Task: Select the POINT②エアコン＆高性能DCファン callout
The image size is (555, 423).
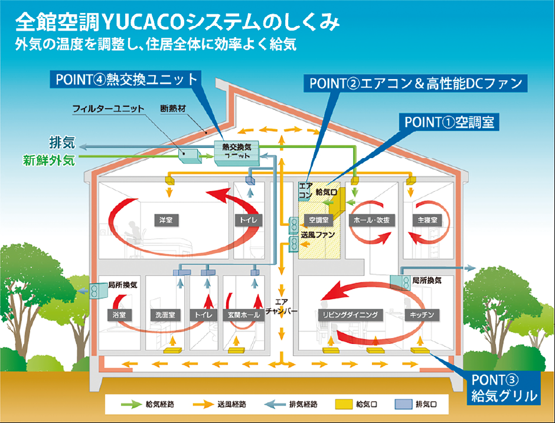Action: pyautogui.click(x=415, y=83)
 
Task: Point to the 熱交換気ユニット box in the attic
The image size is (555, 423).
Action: pyautogui.click(x=237, y=152)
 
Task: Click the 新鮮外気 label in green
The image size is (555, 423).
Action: pyautogui.click(x=49, y=160)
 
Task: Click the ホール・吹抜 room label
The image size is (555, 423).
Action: pyautogui.click(x=371, y=219)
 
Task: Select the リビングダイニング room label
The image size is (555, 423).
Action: pyautogui.click(x=351, y=315)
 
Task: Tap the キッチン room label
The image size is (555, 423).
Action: pyautogui.click(x=422, y=315)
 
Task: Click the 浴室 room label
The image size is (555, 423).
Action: pyautogui.click(x=119, y=315)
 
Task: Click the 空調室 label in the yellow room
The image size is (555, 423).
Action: pyautogui.click(x=319, y=219)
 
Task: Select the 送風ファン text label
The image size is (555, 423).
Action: pyautogui.click(x=318, y=234)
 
